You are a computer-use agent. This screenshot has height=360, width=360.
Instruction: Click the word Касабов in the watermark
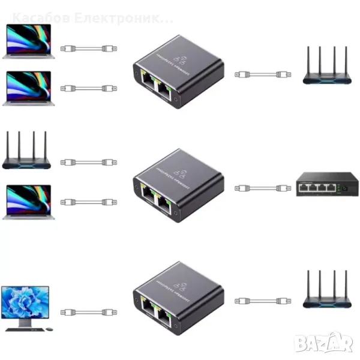coord(40,18)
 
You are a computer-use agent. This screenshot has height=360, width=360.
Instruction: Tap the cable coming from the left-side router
coord(89,162)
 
